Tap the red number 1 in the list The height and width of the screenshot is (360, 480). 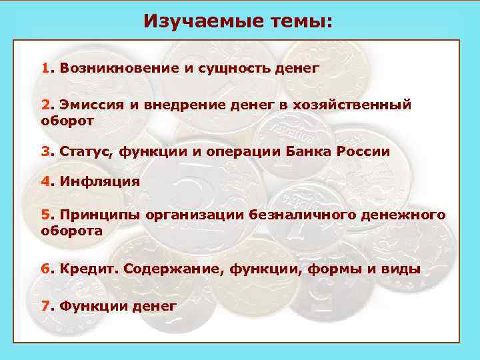click(45, 68)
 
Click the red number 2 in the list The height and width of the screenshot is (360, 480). click(45, 105)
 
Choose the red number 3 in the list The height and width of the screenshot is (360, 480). click(45, 151)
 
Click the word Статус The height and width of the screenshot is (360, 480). click(87, 151)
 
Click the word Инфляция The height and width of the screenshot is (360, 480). click(100, 182)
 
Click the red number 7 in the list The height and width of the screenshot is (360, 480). click(45, 306)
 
